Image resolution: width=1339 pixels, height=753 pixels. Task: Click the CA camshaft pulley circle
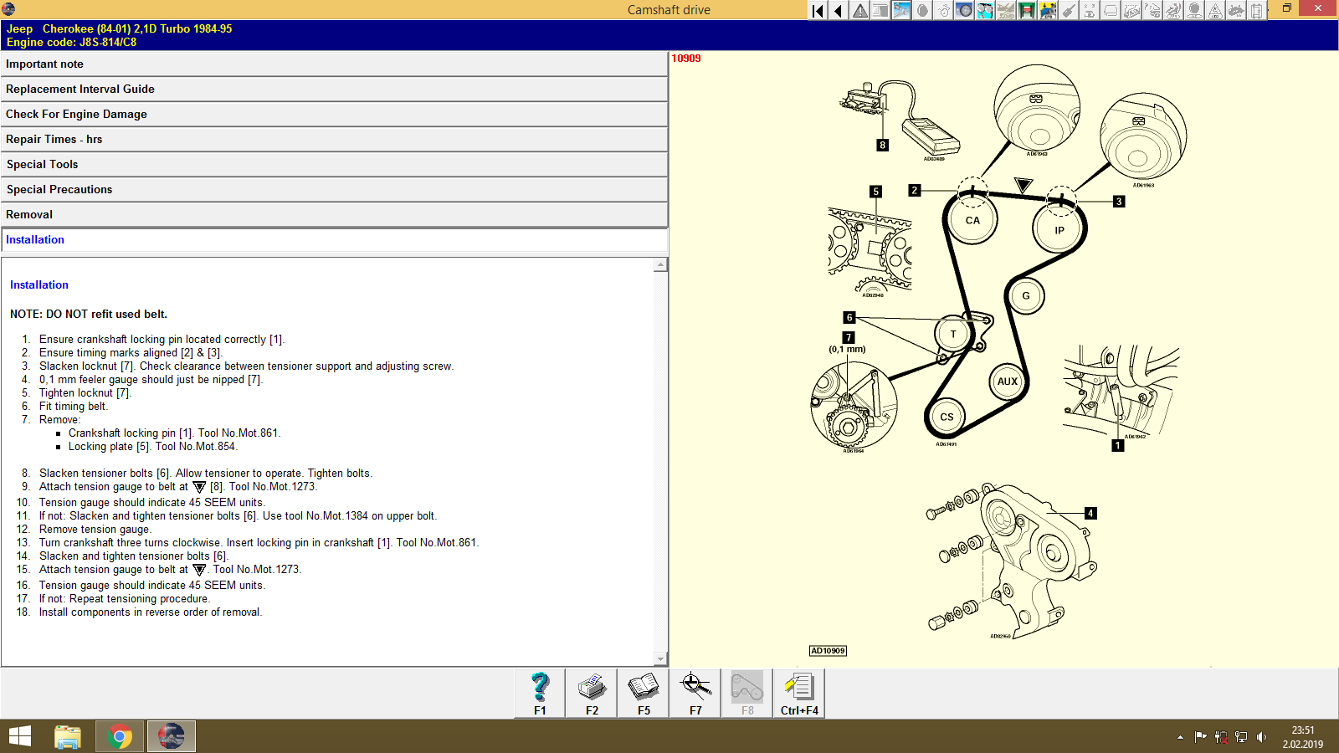972,221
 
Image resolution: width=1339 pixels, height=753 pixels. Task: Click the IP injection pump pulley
1059,230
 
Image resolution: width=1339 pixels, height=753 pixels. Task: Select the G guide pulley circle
1025,296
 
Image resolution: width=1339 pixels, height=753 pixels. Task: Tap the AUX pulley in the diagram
1007,382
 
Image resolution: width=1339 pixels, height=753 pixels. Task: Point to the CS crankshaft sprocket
947,417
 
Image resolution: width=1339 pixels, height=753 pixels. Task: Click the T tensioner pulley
952,334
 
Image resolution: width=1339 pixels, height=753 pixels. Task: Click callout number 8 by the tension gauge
882,145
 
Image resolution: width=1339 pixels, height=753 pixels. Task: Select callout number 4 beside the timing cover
1090,513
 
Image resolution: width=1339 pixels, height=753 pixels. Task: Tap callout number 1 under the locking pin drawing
1117,445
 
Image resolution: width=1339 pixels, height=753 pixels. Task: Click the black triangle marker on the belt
1023,184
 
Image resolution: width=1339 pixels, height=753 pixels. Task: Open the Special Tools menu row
334,165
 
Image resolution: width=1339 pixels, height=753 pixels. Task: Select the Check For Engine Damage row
334,115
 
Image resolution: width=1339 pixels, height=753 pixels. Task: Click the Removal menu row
334,215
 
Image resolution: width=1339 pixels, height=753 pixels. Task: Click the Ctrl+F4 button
799,694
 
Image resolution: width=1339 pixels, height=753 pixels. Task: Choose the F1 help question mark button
540,694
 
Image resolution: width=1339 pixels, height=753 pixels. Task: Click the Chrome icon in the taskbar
120,737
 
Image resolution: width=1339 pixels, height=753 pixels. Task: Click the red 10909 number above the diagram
686,59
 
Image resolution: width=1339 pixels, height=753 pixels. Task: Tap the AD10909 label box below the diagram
828,651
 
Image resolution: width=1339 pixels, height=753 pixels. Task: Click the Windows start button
20,737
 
